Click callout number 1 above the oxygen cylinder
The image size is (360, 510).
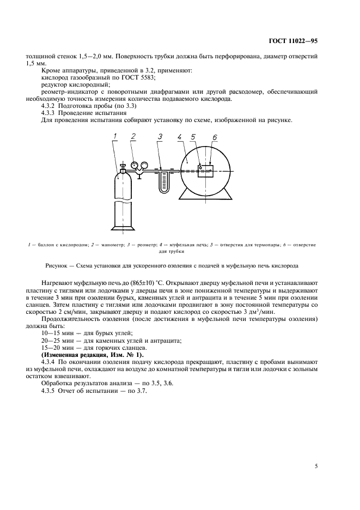[115, 136]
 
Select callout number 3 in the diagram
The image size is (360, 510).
[160, 137]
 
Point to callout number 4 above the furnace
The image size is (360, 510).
[180, 137]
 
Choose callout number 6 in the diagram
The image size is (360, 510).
[215, 138]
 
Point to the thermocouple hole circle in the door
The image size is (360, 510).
[200, 167]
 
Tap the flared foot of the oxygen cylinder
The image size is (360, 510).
[123, 227]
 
